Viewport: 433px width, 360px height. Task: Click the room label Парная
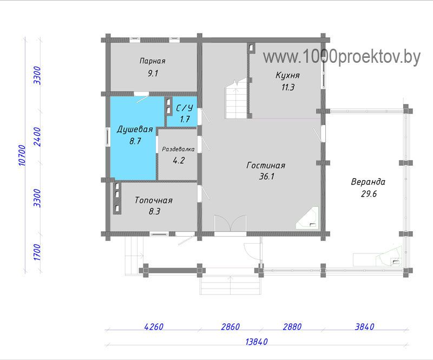coord(153,61)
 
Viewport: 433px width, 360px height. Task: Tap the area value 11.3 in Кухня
coord(288,87)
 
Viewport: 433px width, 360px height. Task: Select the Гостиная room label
coord(266,165)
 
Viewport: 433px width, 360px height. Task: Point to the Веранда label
coord(368,182)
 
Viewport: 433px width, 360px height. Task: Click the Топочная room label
coord(154,200)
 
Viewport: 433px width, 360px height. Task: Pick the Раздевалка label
coord(178,149)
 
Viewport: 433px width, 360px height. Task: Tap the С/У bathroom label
coord(185,108)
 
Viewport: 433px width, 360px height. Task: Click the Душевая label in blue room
coord(135,129)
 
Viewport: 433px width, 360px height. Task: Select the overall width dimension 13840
coord(257,342)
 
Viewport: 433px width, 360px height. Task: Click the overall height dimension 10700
coord(22,155)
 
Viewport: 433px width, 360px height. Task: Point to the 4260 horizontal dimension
coord(154,327)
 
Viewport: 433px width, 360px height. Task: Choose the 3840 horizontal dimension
coord(364,327)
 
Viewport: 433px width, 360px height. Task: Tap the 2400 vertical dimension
coord(37,137)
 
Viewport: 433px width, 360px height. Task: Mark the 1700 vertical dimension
coord(37,252)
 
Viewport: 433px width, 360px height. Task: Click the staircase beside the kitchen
coord(236,99)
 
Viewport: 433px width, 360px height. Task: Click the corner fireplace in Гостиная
coord(307,218)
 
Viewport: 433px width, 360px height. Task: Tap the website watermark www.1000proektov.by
coord(342,57)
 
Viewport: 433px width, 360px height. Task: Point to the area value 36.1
coord(266,176)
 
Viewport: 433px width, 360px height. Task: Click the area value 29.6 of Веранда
coord(369,194)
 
